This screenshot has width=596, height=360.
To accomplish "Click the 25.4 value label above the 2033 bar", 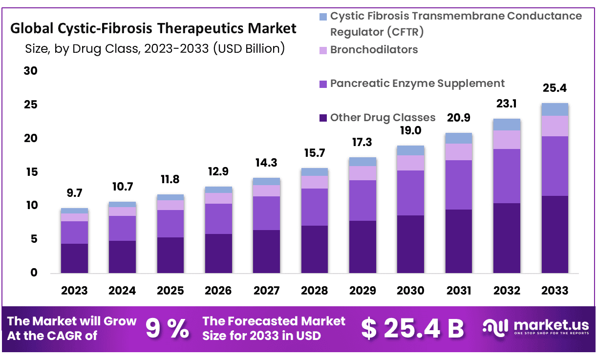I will click(x=554, y=88).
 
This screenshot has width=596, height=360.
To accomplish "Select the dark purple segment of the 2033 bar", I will click(x=554, y=234).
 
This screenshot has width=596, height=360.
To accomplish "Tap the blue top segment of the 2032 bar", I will click(x=507, y=124).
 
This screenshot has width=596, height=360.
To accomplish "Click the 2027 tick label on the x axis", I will click(x=267, y=291).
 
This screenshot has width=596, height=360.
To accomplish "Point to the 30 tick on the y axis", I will click(x=31, y=71).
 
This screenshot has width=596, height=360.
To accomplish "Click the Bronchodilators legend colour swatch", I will click(x=322, y=50).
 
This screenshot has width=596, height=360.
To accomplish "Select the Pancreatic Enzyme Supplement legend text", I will click(x=417, y=83).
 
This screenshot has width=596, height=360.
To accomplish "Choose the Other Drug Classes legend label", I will click(x=383, y=117).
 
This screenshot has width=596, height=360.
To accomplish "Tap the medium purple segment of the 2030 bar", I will click(x=410, y=193).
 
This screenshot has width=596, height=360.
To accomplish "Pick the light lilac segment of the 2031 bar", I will click(x=458, y=151).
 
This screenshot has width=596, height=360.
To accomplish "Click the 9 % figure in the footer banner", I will click(x=168, y=329).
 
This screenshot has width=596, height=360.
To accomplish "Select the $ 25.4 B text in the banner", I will click(x=412, y=329).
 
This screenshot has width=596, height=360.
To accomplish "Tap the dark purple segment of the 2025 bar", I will click(x=170, y=255).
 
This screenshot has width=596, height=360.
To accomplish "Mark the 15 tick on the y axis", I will click(x=31, y=172).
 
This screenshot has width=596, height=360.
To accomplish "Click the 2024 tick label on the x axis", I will click(x=122, y=291).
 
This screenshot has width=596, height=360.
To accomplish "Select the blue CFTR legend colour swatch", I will click(x=322, y=17).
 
